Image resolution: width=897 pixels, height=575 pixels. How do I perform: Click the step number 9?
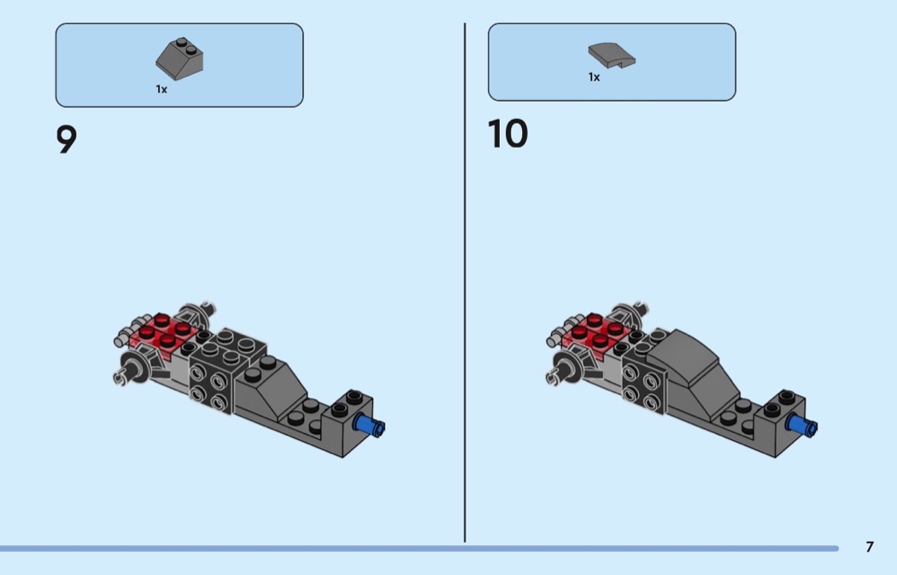[x=67, y=139]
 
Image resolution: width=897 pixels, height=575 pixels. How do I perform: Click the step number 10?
[x=507, y=134]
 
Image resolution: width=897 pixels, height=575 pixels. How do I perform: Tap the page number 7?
[x=870, y=547]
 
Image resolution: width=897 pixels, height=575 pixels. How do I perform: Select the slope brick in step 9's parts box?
[x=179, y=56]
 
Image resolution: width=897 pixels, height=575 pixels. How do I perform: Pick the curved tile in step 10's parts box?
[x=612, y=55]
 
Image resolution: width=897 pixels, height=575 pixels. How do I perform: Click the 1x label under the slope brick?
[x=161, y=89]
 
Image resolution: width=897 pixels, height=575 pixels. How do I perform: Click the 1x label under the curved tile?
[x=594, y=77]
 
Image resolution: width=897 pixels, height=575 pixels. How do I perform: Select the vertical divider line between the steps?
[x=465, y=282]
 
